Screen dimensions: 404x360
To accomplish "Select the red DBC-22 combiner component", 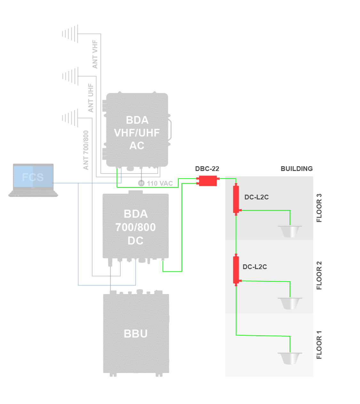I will [208, 181].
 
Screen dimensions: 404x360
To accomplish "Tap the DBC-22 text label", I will [207, 169].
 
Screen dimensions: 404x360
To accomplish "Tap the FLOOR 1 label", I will [319, 345].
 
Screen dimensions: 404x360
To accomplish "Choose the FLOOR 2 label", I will [319, 276].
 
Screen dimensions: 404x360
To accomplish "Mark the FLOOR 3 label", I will [319, 208].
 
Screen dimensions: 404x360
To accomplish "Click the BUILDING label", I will [296, 169].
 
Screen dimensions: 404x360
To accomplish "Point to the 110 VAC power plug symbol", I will [141, 183].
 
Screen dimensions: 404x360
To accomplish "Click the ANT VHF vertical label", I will [95, 54].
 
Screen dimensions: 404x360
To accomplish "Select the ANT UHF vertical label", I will [91, 98].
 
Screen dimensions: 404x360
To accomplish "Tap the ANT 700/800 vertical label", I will [86, 150].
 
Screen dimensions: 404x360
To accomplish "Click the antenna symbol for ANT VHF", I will [70, 34].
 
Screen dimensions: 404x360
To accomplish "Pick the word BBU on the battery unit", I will [136, 334].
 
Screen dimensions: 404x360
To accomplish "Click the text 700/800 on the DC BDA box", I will [136, 227].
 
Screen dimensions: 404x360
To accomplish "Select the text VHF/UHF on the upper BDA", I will [137, 133].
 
